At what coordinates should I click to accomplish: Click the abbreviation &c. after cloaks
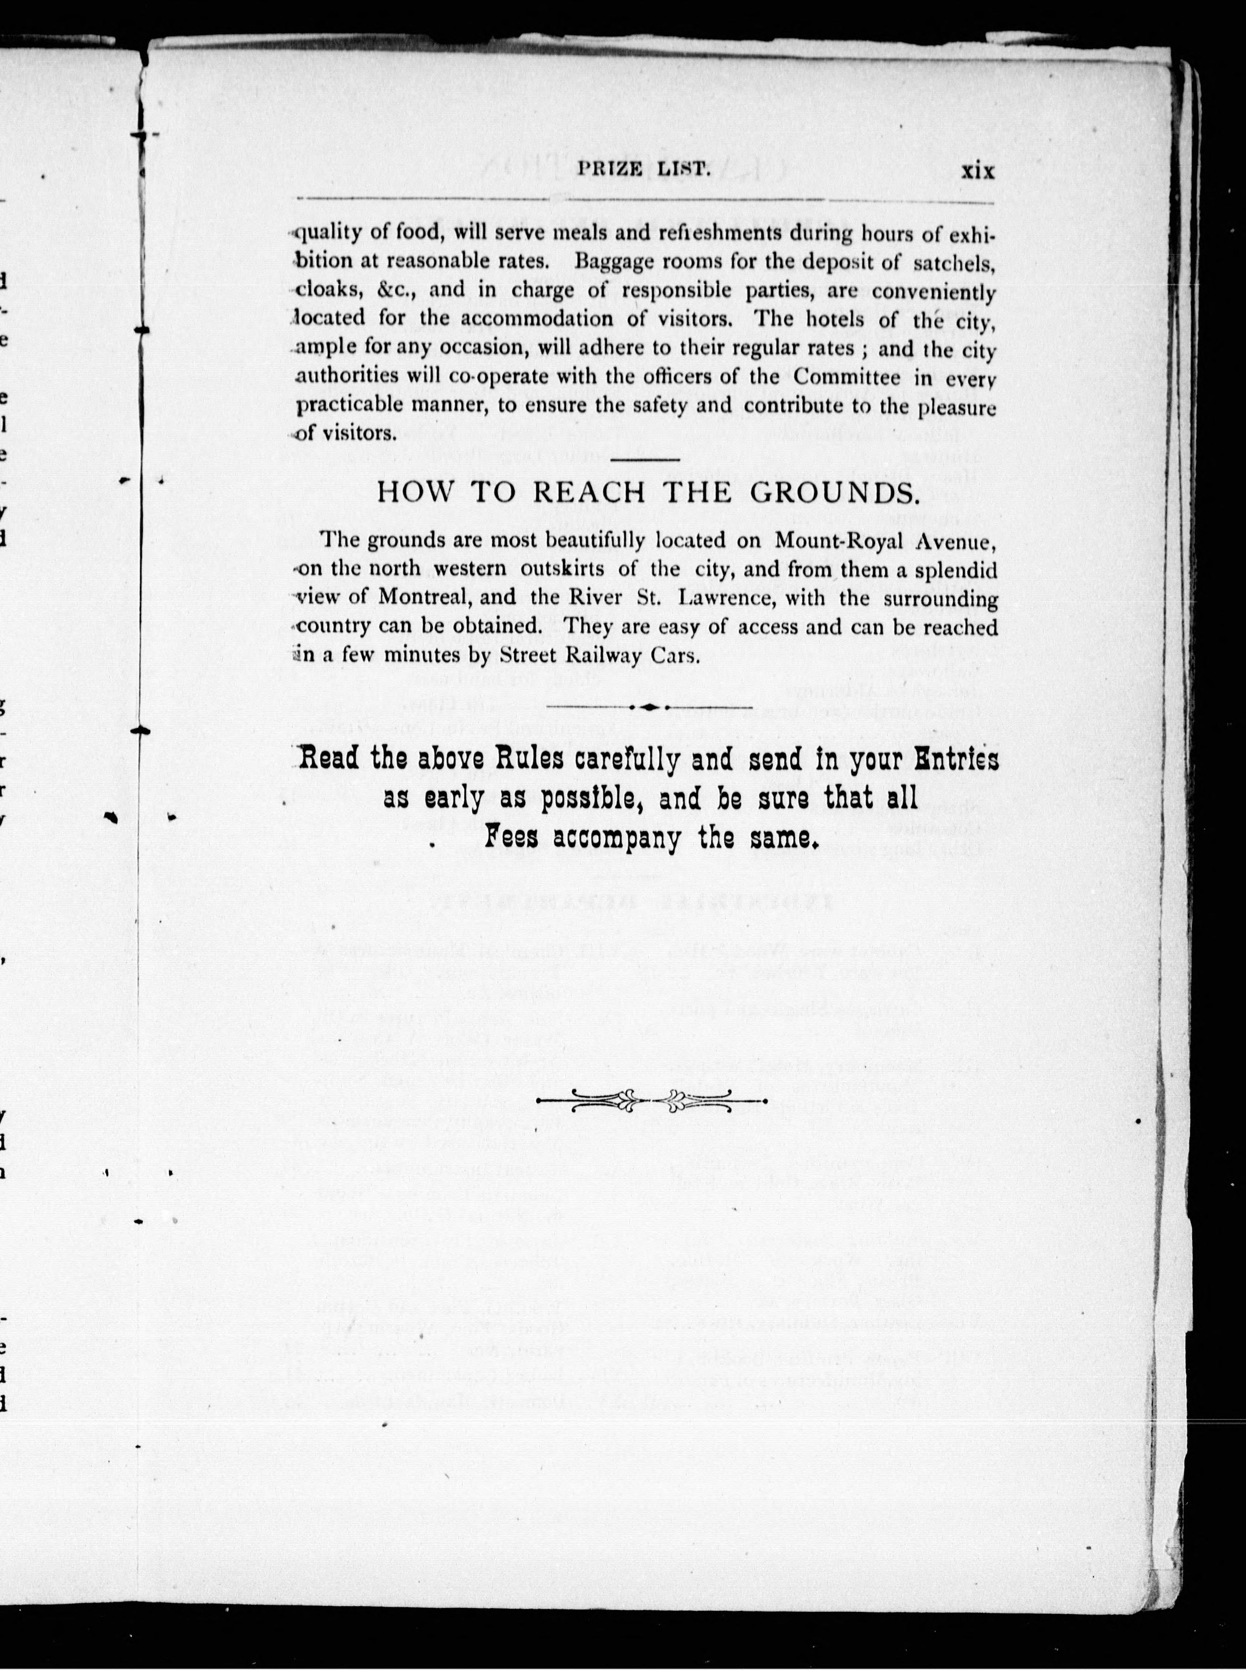411,290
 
